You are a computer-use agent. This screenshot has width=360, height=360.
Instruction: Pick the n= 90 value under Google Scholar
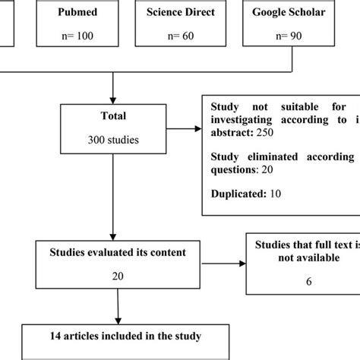coord(291,36)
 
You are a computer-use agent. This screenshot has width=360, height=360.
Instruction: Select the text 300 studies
coord(112,141)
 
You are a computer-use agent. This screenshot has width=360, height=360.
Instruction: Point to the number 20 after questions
coord(267,170)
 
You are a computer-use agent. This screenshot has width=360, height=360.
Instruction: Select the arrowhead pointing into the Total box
coord(112,99)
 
